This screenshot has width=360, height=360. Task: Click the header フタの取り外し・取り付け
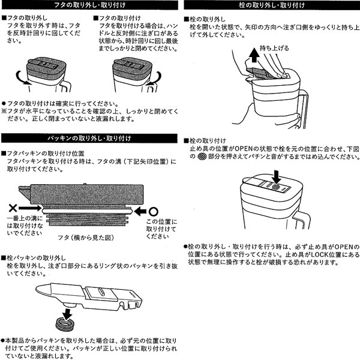click(89, 6)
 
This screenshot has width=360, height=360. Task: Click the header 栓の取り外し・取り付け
click(271, 6)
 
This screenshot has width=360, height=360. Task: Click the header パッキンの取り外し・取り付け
click(89, 139)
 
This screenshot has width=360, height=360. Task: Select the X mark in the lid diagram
click(13, 210)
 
